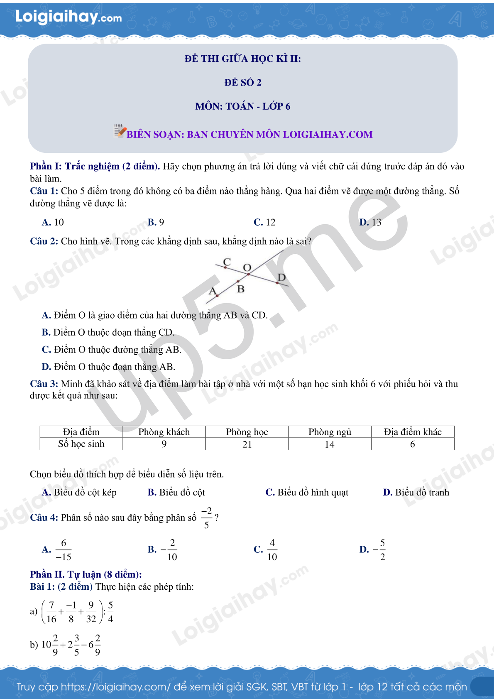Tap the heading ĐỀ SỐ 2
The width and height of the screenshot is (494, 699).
pos(243,82)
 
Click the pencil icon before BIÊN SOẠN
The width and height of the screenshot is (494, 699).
pos(120,131)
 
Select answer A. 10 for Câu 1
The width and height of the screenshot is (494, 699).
pos(53,222)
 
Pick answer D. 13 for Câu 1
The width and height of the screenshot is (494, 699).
pos(370,222)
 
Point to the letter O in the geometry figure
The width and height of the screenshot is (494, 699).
pos(247,267)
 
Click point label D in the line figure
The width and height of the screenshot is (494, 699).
pos(281,277)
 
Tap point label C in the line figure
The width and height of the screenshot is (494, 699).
pos(227,262)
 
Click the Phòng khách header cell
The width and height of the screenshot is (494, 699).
pos(164,432)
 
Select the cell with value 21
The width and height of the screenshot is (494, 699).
pos(247,444)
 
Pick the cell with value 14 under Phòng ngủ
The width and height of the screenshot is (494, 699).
pos(330,444)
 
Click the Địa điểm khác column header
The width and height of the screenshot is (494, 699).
pos(412,432)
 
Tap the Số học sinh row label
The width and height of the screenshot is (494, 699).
pos(81,444)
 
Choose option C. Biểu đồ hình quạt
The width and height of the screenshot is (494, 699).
pos(307,492)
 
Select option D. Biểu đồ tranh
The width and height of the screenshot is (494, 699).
pos(416,492)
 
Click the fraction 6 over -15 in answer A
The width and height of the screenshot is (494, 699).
pos(64,549)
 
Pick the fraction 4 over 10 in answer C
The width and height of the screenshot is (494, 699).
pos(272,549)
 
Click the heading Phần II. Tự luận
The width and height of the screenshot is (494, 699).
pos(86,574)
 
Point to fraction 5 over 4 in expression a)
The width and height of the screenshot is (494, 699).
pos(110,611)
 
